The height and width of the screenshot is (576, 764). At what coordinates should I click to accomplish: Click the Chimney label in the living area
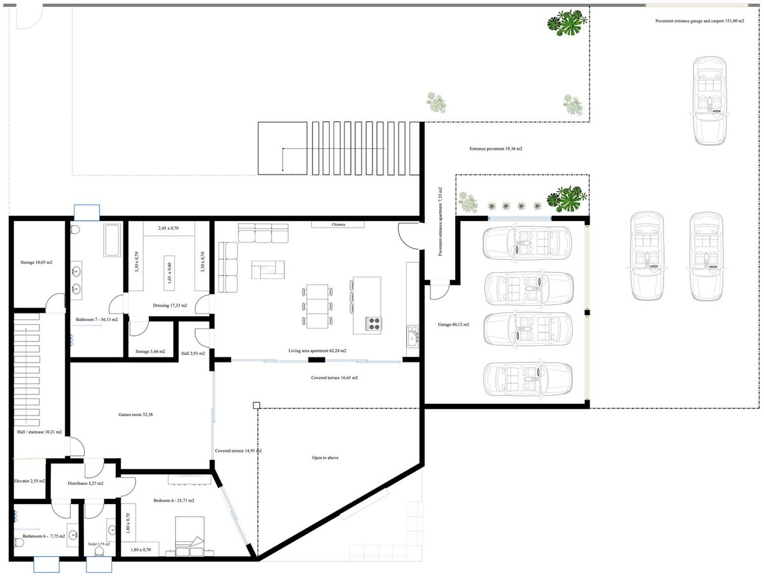point(338,225)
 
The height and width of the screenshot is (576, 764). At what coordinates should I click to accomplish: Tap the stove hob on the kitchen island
point(373,324)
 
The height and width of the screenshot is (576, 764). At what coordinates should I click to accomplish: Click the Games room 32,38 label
point(135,415)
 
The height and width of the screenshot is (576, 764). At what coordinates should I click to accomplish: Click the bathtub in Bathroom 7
point(112,240)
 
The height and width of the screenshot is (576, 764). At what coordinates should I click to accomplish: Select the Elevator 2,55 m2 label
point(29,481)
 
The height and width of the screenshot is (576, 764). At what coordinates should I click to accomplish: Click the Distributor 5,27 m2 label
point(85,484)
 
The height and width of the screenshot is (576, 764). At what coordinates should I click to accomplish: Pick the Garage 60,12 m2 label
point(453,325)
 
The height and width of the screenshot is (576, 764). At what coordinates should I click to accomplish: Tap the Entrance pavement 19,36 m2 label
point(496,148)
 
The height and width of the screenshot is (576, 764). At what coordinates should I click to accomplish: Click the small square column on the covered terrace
point(256,405)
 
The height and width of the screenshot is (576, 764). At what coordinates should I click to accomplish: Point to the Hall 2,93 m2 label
point(193,352)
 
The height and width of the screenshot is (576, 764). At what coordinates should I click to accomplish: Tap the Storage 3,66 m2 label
point(150,352)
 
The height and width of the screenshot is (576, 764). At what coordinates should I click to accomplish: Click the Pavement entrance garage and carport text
point(700,21)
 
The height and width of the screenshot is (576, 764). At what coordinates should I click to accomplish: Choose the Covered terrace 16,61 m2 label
point(334,378)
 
